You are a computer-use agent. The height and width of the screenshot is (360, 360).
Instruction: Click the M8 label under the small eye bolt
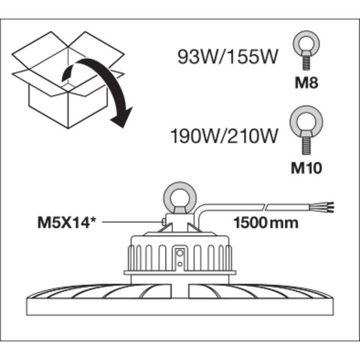click(x=306, y=83)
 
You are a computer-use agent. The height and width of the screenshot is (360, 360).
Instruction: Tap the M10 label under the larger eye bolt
click(x=306, y=168)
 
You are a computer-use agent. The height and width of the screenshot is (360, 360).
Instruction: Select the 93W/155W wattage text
click(x=228, y=57)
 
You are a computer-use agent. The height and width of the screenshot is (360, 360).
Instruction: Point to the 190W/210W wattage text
click(x=224, y=136)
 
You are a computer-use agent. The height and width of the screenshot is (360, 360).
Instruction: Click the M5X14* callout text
click(x=67, y=223)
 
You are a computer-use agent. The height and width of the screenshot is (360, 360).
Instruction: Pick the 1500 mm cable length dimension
click(x=266, y=223)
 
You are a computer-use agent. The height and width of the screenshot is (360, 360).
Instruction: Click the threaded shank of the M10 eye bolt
click(x=306, y=146)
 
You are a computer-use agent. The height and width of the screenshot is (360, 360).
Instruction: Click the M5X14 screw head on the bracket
click(x=163, y=222)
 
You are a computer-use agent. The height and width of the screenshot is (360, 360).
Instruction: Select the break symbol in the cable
click(x=265, y=207)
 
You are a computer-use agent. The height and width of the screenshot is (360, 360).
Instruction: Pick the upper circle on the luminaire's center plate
click(x=180, y=253)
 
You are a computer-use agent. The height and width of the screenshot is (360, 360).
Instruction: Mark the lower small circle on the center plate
click(x=180, y=264)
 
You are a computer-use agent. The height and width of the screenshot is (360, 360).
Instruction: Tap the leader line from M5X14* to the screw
click(x=131, y=222)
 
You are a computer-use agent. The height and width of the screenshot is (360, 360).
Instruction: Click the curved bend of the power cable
click(x=201, y=209)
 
